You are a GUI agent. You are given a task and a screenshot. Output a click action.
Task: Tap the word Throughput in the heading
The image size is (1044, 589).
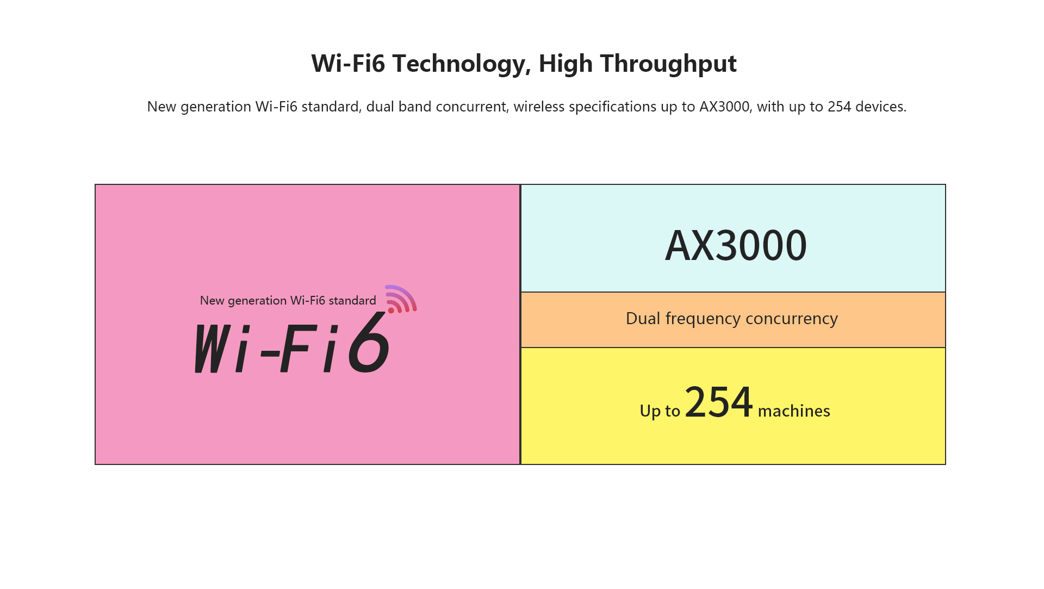pyautogui.click(x=668, y=64)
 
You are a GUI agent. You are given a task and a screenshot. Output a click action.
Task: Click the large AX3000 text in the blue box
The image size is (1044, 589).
pyautogui.click(x=736, y=245)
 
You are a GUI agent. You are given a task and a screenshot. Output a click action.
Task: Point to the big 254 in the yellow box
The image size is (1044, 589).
pyautogui.click(x=719, y=402)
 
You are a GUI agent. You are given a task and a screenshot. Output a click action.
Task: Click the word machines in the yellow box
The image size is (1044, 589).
pyautogui.click(x=794, y=411)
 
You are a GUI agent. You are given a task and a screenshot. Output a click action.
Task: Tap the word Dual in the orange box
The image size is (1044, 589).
pyautogui.click(x=643, y=318)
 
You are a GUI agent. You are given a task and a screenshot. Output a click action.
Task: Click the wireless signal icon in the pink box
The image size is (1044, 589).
pyautogui.click(x=401, y=299)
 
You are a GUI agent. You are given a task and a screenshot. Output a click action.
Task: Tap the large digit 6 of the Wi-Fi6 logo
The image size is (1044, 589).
pyautogui.click(x=369, y=342)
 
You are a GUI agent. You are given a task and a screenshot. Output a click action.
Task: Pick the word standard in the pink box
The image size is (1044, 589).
pyautogui.click(x=352, y=301)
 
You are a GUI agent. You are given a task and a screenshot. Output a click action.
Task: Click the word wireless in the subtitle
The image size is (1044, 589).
pyautogui.click(x=539, y=107)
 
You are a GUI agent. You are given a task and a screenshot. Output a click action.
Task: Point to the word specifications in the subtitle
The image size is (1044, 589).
pyautogui.click(x=613, y=107)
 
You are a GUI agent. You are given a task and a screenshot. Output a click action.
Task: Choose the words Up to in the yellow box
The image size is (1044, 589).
pyautogui.click(x=660, y=411)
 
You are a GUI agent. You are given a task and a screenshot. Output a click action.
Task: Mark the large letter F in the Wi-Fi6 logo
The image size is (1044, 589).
pyautogui.click(x=299, y=348)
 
